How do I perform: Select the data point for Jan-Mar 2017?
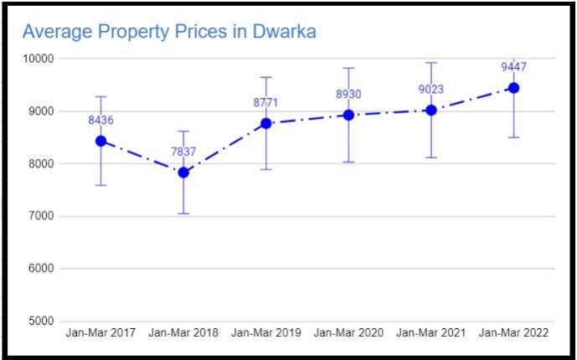click(x=100, y=141)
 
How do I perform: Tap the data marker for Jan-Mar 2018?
click(x=183, y=172)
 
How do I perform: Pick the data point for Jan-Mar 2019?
click(x=266, y=123)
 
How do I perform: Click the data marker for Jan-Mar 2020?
click(x=348, y=115)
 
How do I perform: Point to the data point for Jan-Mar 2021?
click(x=431, y=110)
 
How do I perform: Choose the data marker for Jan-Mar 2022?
click(x=514, y=88)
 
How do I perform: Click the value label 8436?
click(x=100, y=121)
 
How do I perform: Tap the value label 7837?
click(x=183, y=152)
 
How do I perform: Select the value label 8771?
click(x=265, y=103)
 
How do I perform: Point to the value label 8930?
click(x=348, y=95)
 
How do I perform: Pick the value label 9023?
click(x=431, y=90)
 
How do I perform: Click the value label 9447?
click(x=514, y=68)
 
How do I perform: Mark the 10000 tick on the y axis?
click(x=38, y=59)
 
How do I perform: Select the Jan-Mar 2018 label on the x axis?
click(x=183, y=333)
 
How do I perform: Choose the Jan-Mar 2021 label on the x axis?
click(x=431, y=333)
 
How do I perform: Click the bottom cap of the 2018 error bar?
click(x=183, y=213)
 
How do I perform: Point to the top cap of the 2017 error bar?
click(x=100, y=96)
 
